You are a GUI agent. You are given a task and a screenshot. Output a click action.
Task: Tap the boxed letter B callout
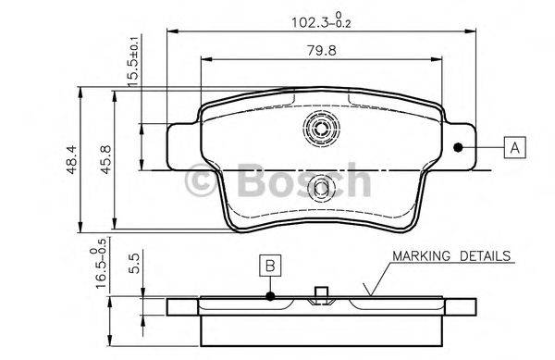[269, 266]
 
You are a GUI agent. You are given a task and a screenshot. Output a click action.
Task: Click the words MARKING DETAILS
[450, 254]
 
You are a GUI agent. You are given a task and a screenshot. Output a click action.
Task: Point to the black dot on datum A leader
[457, 146]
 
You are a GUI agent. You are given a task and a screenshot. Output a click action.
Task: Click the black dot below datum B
[269, 296]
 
